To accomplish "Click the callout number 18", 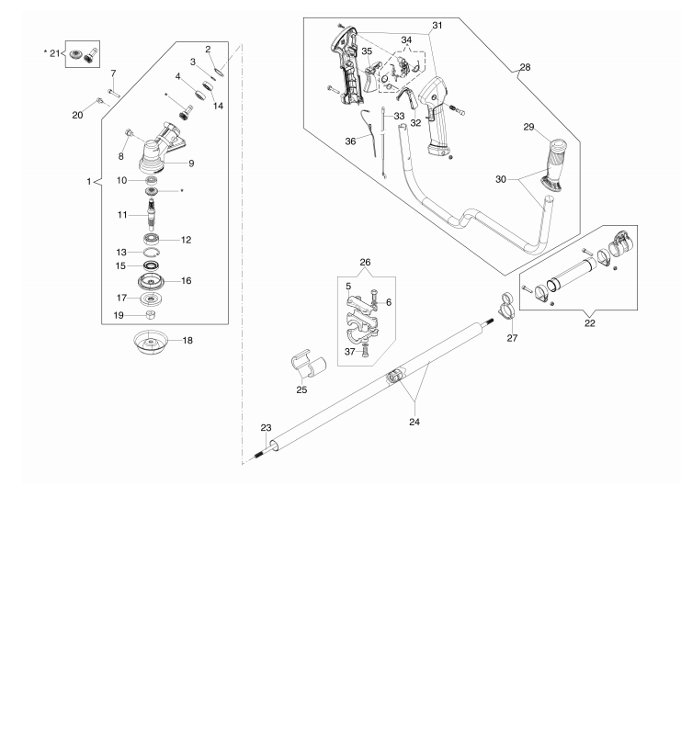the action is tap(187, 340).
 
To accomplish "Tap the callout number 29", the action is tap(528, 127).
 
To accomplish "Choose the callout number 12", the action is tap(187, 240).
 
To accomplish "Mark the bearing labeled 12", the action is tap(152, 239).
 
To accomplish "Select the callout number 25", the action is tap(301, 389).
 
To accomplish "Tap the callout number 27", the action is tap(512, 338).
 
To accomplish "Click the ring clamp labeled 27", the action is tap(508, 307).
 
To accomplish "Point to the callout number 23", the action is tap(266, 428).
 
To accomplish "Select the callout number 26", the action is tap(365, 263).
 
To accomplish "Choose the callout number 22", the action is tap(590, 323).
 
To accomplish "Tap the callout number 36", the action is tap(350, 141).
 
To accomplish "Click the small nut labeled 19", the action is tap(151, 314).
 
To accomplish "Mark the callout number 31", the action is tap(437, 25).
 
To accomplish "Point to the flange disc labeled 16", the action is tap(151, 281).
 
